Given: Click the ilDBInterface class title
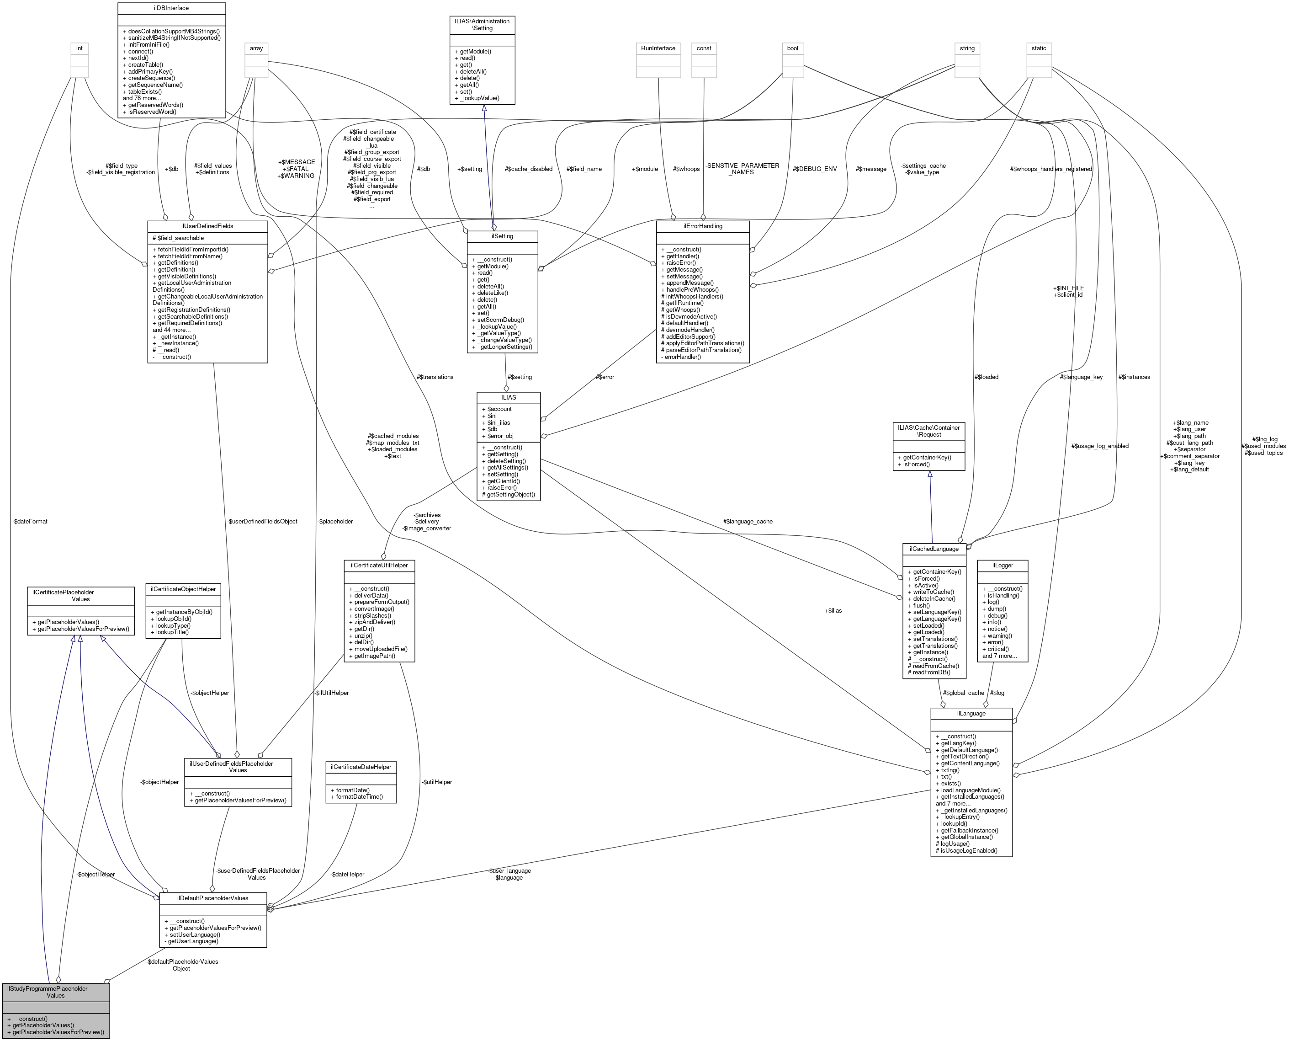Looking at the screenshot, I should click(171, 8).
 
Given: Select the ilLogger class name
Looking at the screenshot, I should click(1003, 566).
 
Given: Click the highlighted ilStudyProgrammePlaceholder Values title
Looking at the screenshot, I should click(55, 992).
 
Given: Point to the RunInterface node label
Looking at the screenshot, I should click(658, 48).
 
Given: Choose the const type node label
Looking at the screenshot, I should click(704, 48).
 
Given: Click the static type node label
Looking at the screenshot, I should click(1039, 48).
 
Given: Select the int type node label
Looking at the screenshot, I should click(79, 48).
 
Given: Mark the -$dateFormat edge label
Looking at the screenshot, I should click(30, 522).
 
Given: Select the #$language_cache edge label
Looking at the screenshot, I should click(748, 522).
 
